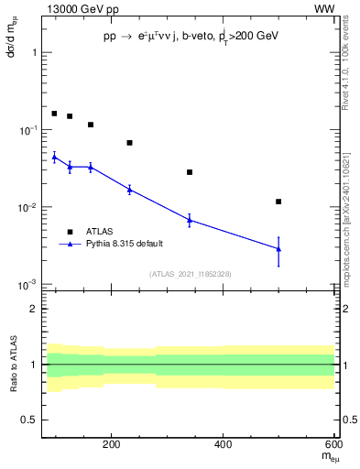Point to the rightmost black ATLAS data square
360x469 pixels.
pos(278,202)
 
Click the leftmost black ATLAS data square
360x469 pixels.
pos(54,114)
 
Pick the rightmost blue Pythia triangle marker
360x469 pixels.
pos(278,249)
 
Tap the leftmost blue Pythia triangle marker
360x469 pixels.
pos(54,157)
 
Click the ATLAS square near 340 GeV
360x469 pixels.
pos(190,172)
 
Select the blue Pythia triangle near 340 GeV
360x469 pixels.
pos(190,220)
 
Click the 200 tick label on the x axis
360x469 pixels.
pos(112,444)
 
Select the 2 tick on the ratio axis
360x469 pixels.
pos(32,309)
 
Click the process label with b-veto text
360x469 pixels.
pos(190,37)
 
